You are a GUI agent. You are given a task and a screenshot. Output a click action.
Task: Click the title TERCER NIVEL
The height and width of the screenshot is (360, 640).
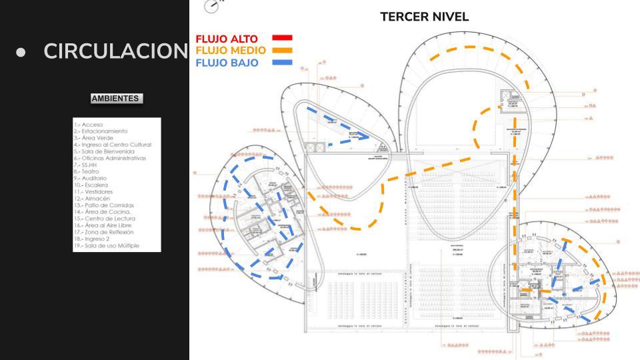click(x=424, y=17)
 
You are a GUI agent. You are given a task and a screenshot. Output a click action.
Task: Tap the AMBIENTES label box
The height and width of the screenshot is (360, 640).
click(x=115, y=99)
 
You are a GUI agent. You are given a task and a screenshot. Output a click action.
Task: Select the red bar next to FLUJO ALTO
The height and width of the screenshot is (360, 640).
click(x=283, y=38)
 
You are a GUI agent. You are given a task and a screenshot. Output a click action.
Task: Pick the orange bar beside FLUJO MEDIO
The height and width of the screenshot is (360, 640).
click(x=283, y=51)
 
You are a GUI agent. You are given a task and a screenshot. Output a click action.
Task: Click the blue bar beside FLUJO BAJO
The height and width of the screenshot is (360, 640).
click(x=283, y=63)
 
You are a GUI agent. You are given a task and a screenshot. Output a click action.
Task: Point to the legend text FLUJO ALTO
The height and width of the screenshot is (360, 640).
click(x=225, y=39)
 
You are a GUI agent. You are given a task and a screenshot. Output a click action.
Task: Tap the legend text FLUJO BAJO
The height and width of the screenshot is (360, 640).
click(x=225, y=63)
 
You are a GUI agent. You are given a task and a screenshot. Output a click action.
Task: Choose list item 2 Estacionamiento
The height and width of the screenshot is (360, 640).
click(x=101, y=131)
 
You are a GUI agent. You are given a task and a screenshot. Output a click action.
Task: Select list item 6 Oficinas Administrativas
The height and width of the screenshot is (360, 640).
click(x=109, y=158)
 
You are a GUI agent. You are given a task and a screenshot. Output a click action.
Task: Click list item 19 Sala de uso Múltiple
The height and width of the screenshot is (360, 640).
click(x=107, y=246)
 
